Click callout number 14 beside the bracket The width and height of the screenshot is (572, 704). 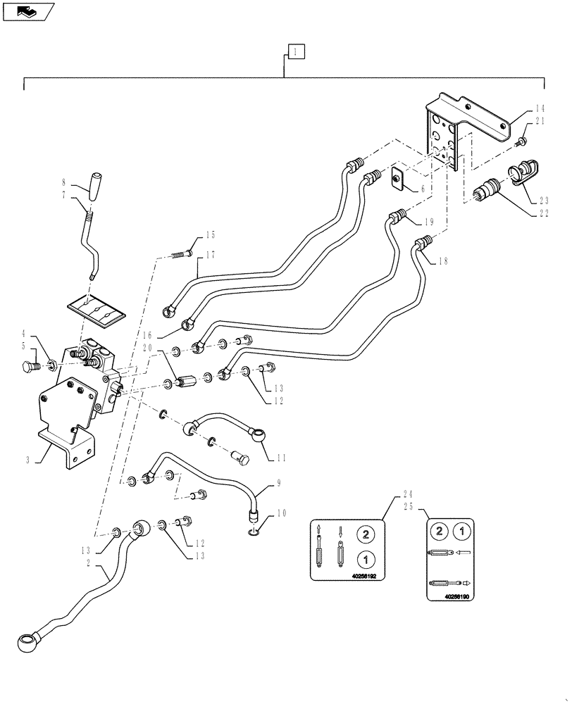[x=539, y=108]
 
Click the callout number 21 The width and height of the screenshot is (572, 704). [x=539, y=122]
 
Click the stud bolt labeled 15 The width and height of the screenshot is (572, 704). [x=182, y=254]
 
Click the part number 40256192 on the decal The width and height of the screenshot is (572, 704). [x=362, y=575]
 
